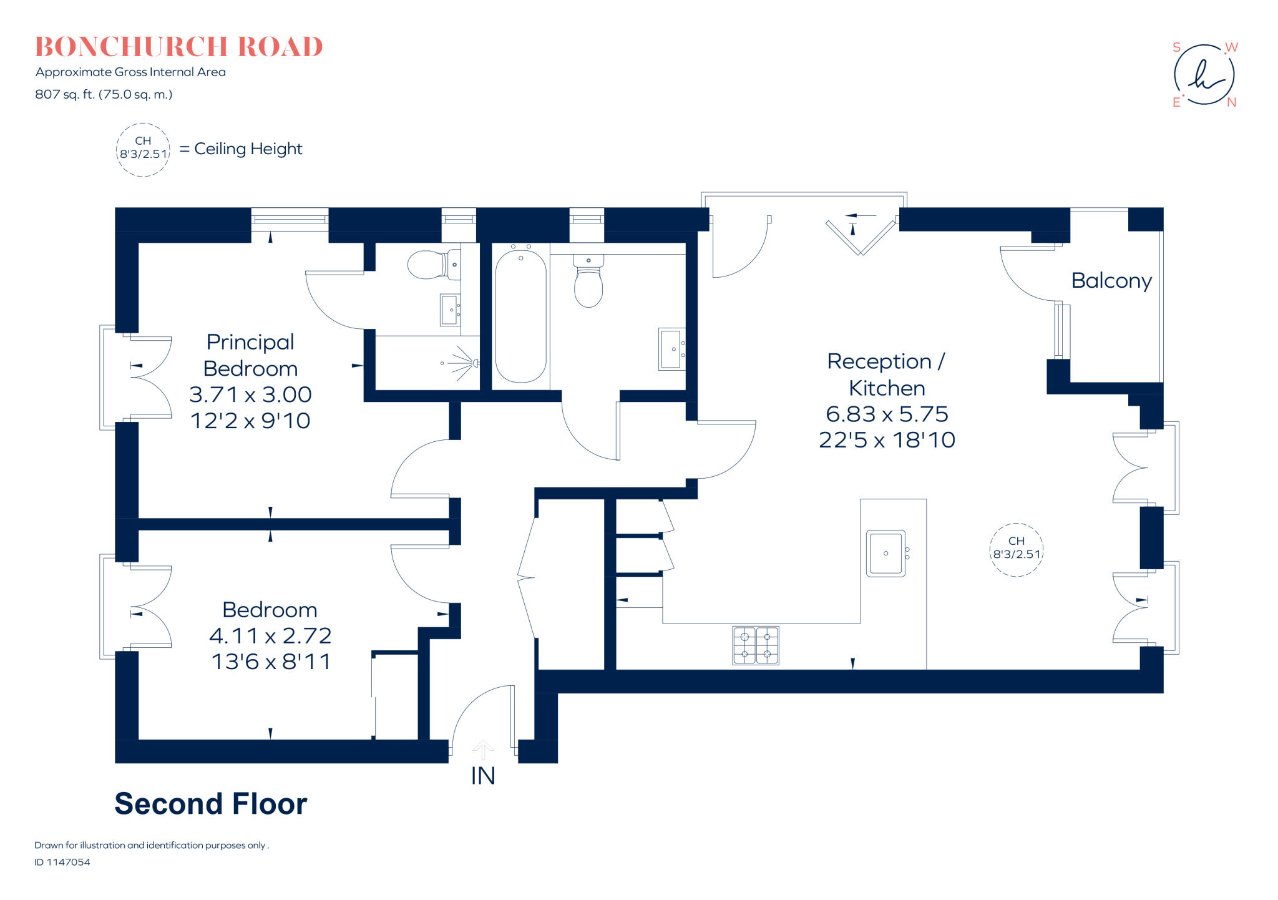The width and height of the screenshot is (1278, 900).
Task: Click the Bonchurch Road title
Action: [178, 47]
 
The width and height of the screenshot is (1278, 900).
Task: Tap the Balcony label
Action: [1111, 281]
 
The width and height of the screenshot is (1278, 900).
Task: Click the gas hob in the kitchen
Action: [755, 645]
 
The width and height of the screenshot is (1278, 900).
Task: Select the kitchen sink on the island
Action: [885, 553]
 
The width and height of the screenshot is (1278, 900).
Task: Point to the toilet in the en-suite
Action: [427, 265]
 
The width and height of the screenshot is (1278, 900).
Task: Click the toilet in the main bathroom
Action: [588, 284]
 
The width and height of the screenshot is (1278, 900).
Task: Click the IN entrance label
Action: [482, 776]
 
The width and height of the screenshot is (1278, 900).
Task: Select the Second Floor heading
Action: [210, 804]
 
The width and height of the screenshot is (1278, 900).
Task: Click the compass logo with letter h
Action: [1204, 75]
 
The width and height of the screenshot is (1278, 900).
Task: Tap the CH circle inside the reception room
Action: [1017, 549]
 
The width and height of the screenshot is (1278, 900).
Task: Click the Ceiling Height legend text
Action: [248, 149]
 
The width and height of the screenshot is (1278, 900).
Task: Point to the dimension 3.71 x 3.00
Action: [250, 394]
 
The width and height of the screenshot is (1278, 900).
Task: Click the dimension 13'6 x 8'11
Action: [271, 662]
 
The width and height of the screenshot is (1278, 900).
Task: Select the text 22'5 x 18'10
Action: [887, 440]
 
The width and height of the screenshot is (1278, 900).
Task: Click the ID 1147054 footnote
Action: [62, 862]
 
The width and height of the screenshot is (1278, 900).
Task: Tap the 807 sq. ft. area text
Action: [104, 94]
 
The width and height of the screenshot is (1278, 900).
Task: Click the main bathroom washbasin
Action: [671, 350]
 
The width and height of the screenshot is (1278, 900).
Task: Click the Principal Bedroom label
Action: [250, 355]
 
